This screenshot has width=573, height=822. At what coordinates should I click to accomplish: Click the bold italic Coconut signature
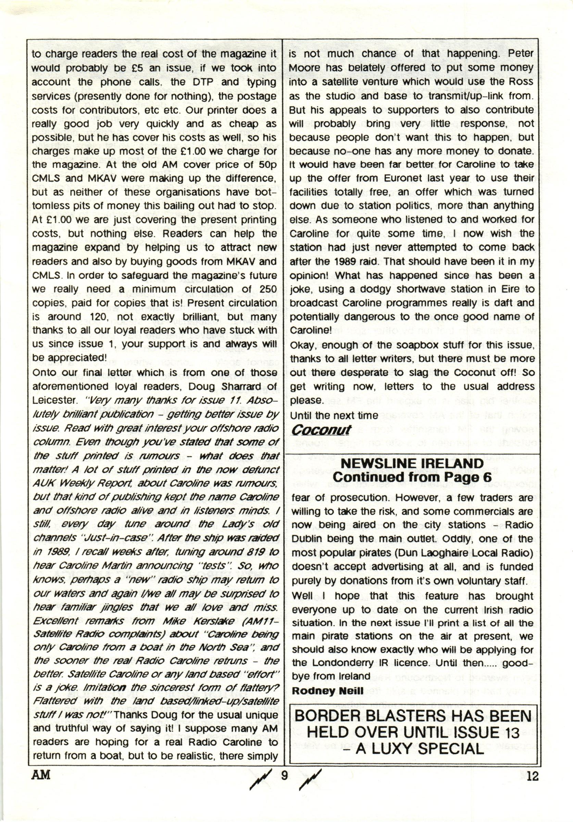[x=321, y=430]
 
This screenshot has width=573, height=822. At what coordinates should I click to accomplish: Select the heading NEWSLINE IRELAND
[x=412, y=464]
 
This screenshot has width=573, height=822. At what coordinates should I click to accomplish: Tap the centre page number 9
[x=285, y=775]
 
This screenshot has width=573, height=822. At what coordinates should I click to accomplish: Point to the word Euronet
[x=396, y=178]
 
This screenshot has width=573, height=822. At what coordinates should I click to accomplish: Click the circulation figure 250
[x=268, y=289]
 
